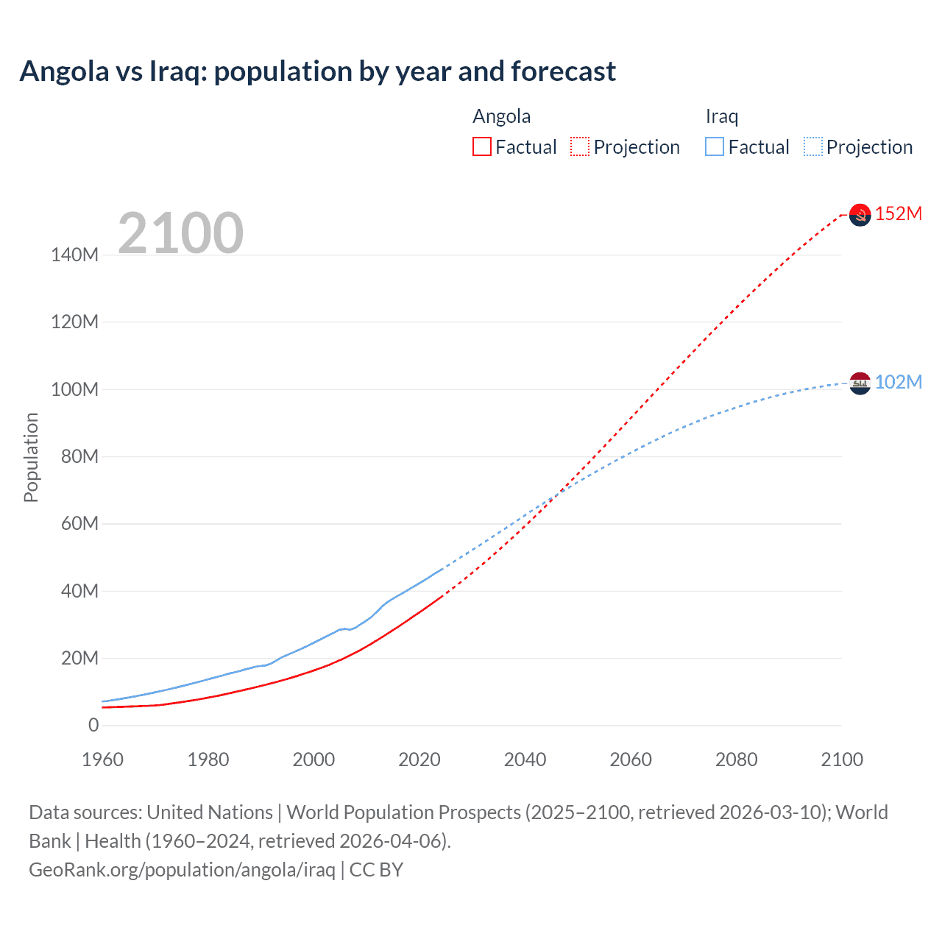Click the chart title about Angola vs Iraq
(317, 71)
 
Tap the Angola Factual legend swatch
(482, 147)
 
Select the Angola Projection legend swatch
(580, 147)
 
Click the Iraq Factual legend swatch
(715, 147)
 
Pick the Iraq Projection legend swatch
(812, 147)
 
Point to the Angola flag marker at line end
(860, 214)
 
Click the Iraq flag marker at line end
(860, 383)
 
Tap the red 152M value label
(899, 213)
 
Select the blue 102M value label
(899, 382)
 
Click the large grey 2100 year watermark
(180, 233)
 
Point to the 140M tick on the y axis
(74, 255)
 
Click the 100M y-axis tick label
(74, 389)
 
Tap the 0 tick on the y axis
(93, 726)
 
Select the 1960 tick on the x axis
(102, 759)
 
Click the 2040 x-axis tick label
(525, 759)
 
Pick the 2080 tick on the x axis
(736, 759)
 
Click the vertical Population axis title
(31, 457)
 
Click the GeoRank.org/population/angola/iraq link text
(182, 870)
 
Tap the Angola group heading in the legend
(501, 116)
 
